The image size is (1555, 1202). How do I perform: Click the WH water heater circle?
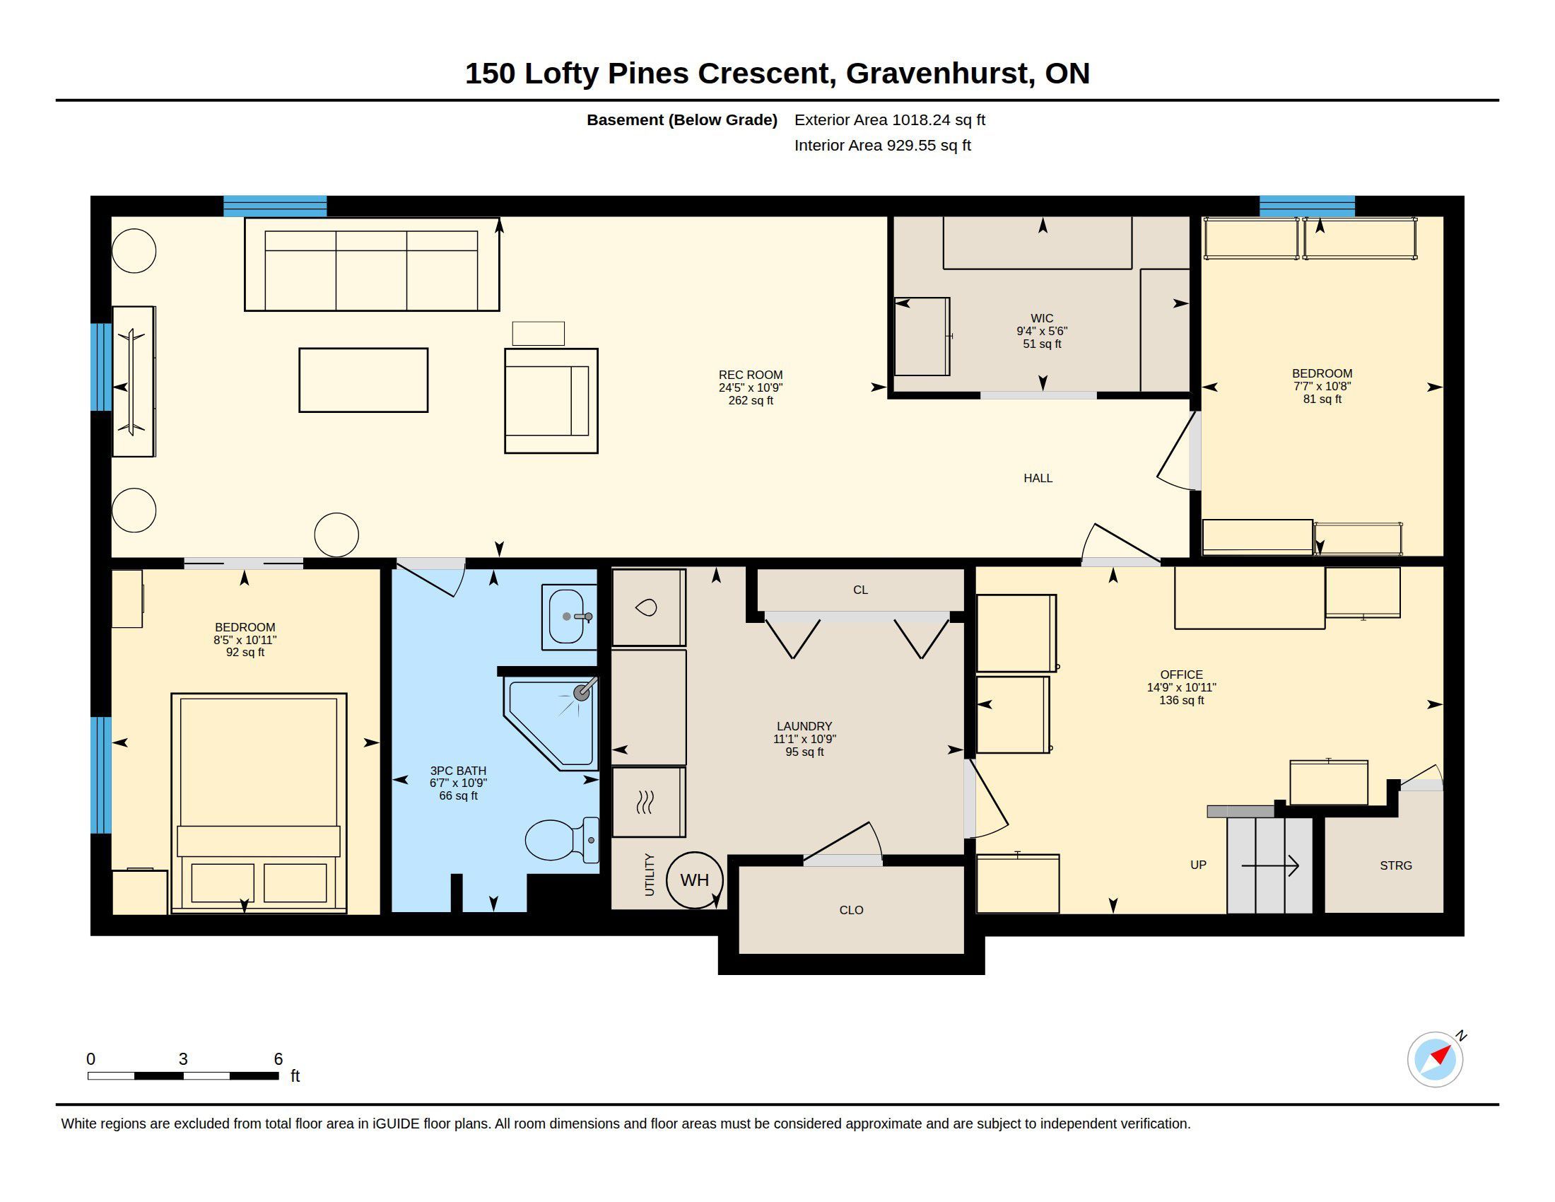694,880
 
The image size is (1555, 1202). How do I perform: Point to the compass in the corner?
1436,1059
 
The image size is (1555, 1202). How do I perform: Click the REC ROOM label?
751,375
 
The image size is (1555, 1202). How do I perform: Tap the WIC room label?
1042,318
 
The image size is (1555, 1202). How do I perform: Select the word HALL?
1038,479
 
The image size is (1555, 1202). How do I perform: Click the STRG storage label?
1395,866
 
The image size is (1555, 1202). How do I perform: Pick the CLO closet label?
852,910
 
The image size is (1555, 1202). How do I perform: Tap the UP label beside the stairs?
1198,865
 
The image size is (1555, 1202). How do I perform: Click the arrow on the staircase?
1270,866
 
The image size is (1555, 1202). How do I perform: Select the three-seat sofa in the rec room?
372,264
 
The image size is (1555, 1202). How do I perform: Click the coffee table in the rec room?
363,380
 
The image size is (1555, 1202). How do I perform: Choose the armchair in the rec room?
551,400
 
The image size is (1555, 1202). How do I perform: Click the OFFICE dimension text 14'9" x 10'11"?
1181,688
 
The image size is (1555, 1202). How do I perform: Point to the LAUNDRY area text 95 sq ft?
804,752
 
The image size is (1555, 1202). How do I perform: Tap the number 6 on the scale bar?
278,1059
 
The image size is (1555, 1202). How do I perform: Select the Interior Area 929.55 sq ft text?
882,146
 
